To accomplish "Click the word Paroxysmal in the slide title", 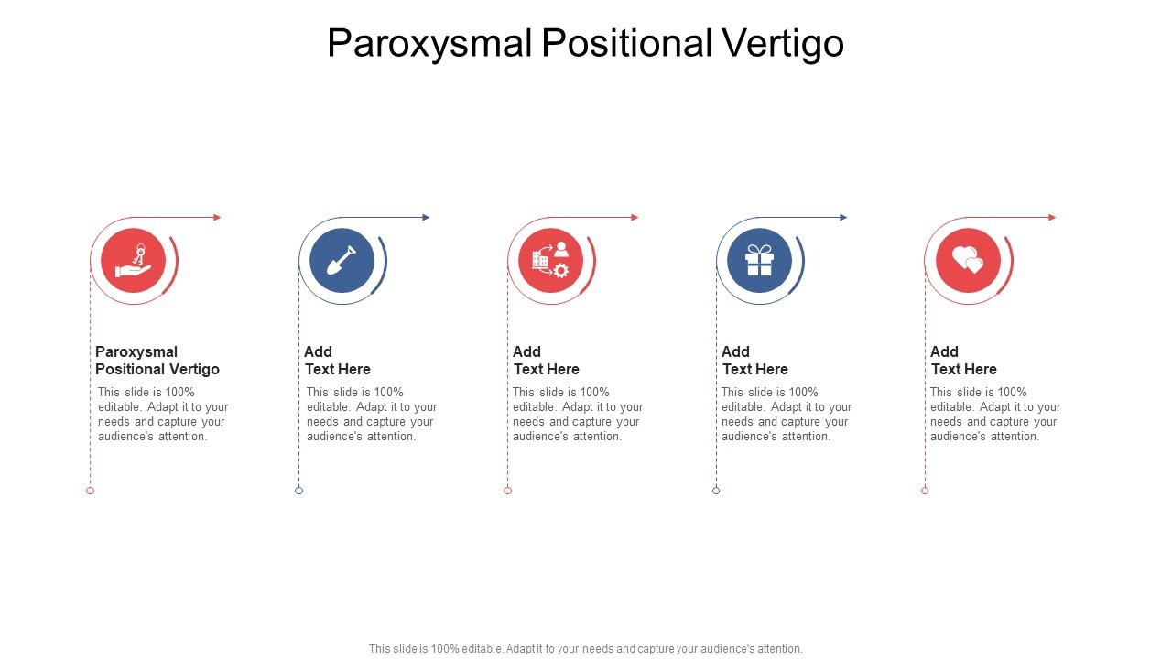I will [430, 44].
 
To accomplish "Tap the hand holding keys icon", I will [134, 261].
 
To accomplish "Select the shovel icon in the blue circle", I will [342, 261].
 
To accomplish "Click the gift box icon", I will [760, 261].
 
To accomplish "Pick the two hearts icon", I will [968, 261].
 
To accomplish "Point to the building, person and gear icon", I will [551, 261].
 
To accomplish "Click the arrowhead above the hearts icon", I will [1052, 218].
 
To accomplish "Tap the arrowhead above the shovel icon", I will [426, 218].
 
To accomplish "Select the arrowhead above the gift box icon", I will [843, 218].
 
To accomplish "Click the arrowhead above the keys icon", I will [217, 218].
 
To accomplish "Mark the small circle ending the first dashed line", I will [90, 491].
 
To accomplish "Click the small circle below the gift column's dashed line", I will [716, 491].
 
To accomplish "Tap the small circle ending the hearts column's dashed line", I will [925, 491].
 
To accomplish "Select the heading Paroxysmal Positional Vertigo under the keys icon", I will [157, 361].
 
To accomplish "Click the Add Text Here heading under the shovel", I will [337, 361].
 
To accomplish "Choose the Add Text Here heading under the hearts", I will [963, 361].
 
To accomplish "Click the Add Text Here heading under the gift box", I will [754, 361].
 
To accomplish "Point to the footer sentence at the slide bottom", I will [586, 649].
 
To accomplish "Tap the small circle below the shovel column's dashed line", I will [298, 491].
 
